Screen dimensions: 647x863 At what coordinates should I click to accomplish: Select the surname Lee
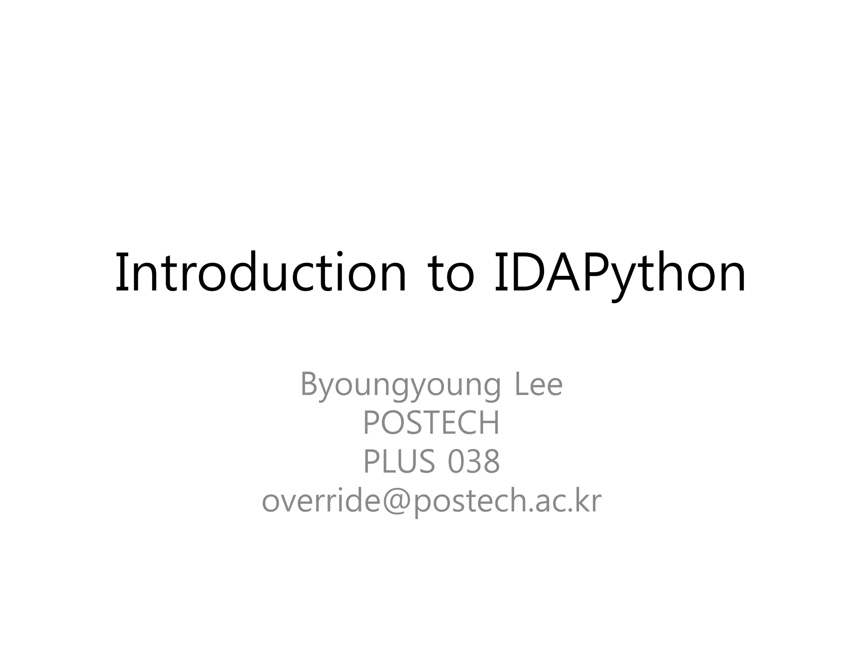pyautogui.click(x=539, y=384)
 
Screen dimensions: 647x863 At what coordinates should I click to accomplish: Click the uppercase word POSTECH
pyautogui.click(x=431, y=423)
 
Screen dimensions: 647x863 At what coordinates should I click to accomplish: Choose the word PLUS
pyautogui.click(x=399, y=462)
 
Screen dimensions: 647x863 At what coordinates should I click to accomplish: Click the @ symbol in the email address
pyautogui.click(x=396, y=502)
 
